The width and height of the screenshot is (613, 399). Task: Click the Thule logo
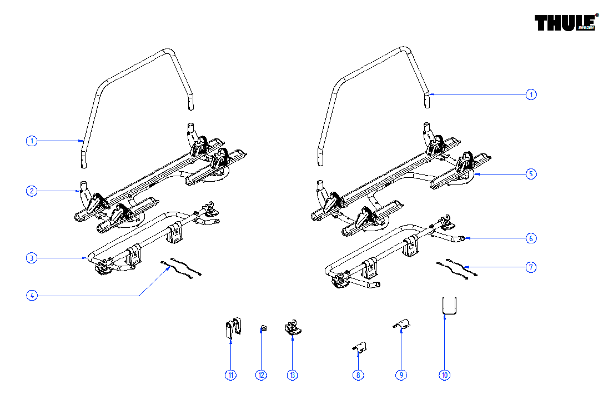[565, 23]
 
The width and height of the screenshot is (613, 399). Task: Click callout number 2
[32, 191]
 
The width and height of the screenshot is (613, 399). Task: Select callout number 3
[32, 258]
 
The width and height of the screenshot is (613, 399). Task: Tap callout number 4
[32, 296]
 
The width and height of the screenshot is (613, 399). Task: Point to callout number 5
[531, 174]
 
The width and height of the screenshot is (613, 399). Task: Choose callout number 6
[531, 238]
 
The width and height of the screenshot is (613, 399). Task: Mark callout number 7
[531, 267]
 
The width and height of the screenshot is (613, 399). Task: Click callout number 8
[359, 375]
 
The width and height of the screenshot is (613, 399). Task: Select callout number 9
[401, 375]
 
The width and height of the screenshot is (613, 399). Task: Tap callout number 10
[444, 375]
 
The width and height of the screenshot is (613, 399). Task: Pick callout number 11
[231, 375]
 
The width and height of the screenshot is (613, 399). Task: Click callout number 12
[262, 375]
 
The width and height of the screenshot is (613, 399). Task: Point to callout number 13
[293, 375]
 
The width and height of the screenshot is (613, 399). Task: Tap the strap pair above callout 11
[233, 327]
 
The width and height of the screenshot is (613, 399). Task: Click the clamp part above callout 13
[292, 327]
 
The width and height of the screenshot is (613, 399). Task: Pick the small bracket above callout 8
[360, 347]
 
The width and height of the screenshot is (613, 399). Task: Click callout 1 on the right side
[531, 94]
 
